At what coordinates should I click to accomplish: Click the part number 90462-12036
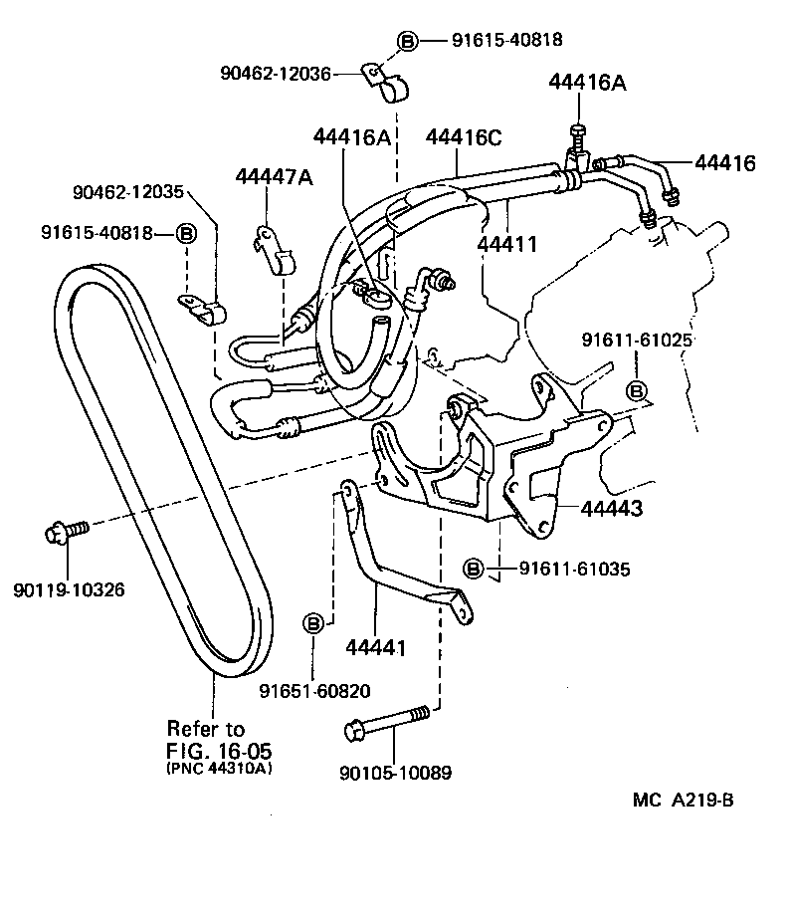(276, 72)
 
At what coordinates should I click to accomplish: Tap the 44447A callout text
(274, 176)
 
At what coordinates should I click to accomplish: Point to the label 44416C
(464, 136)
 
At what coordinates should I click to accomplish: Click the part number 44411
(507, 243)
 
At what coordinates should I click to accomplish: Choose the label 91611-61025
(637, 342)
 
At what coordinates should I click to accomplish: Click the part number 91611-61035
(573, 569)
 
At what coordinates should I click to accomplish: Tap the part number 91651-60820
(314, 691)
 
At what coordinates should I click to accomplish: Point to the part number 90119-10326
(69, 589)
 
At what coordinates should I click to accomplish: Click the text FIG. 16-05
(218, 750)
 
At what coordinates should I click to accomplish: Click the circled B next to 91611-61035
(475, 569)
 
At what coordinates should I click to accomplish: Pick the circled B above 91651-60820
(313, 623)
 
